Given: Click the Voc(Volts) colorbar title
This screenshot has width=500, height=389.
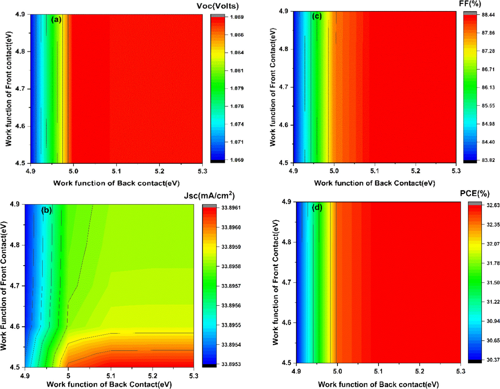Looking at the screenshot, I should [x=217, y=6].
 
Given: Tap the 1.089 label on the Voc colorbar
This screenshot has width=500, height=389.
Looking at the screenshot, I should [x=237, y=17].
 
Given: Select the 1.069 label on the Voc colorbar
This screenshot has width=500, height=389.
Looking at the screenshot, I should [x=237, y=160].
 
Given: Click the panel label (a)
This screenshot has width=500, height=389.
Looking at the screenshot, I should [x=56, y=20].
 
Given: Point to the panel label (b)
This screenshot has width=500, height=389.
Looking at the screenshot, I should [x=47, y=210].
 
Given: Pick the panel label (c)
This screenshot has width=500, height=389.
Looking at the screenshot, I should [x=317, y=16].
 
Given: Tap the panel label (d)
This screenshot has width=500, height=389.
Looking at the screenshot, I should [x=317, y=208].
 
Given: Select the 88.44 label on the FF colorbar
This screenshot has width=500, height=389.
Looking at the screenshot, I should [x=488, y=15].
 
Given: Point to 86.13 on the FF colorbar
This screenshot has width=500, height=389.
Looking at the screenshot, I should [x=488, y=87].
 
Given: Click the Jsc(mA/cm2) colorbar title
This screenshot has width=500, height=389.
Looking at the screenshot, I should [x=209, y=195].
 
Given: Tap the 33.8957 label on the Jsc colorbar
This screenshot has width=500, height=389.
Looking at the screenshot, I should [x=231, y=286].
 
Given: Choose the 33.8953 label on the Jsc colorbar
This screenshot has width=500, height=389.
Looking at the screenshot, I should [x=231, y=364].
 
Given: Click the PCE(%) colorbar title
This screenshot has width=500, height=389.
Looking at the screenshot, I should [x=475, y=194].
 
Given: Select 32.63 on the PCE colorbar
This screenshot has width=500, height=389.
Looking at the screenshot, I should [x=493, y=205].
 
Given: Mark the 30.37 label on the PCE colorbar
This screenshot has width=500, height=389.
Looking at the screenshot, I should [x=493, y=360].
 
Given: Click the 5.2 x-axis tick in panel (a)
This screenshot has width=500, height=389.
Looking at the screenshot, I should [x=159, y=171].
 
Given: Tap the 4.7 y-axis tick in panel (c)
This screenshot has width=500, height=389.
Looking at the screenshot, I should [x=284, y=87].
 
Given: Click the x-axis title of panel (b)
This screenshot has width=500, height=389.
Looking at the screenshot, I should [x=109, y=384].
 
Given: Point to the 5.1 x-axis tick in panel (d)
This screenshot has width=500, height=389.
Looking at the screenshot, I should [x=378, y=372].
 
